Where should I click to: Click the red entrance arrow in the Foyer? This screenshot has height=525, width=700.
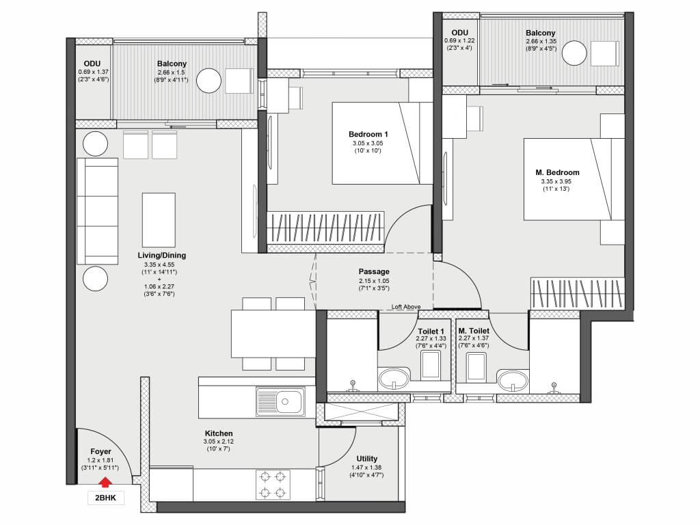coord(105,483)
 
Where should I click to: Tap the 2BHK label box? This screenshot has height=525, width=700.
coord(106,498)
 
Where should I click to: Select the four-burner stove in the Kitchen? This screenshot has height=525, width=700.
coord(273,485)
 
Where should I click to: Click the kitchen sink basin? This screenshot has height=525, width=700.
coord(285,401)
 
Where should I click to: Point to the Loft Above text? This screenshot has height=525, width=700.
coord(406,307)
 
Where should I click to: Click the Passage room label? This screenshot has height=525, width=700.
coord(374,271)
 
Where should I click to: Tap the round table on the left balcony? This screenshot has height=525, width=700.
coord(208,81)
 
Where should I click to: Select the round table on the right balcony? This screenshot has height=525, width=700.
coord(574,53)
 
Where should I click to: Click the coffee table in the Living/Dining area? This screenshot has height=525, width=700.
coord(159,219)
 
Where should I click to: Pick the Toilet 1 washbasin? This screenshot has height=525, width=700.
coord(394,379)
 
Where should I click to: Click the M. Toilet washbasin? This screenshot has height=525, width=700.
coord(513,380)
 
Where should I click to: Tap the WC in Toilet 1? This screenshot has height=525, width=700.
coord(431,365)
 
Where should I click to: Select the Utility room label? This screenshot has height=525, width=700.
coord(367,459)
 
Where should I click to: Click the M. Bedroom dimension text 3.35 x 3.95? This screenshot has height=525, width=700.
coord(556,181)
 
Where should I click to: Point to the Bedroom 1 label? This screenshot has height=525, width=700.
coord(368,134)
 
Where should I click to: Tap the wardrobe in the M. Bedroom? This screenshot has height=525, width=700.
coord(578,293)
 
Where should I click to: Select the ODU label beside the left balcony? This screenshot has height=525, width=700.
coord(92,64)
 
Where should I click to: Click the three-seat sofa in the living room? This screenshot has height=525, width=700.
coord(97,211)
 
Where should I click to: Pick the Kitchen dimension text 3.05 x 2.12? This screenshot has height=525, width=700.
coord(218,442)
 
